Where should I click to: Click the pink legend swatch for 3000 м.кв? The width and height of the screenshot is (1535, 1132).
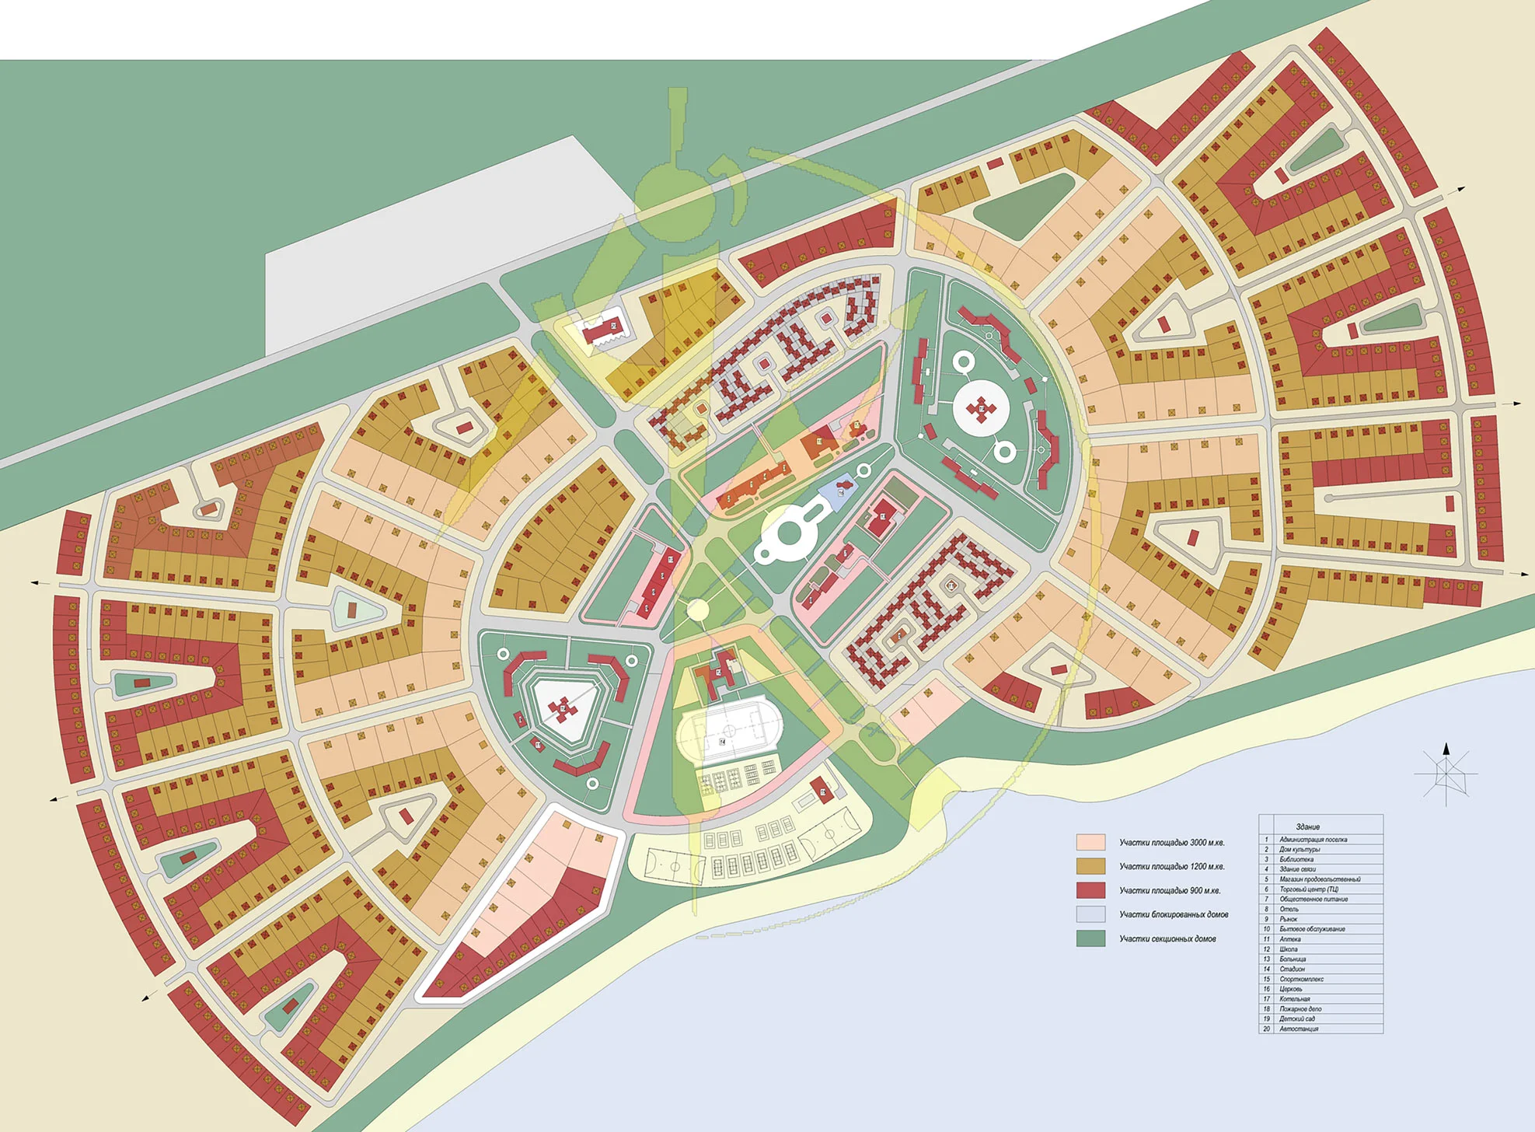(1090, 842)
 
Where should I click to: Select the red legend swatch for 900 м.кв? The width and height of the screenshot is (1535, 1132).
(1090, 890)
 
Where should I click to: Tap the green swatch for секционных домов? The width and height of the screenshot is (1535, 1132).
(1090, 938)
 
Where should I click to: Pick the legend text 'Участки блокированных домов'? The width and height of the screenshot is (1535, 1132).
(1174, 914)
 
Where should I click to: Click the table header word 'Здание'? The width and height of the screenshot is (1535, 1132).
(1308, 826)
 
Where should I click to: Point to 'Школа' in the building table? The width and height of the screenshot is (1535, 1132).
(1289, 949)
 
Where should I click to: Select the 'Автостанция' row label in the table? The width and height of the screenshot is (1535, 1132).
(1299, 1029)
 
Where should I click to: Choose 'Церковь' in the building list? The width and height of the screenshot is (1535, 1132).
(1291, 989)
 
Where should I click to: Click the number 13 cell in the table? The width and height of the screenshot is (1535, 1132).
(1266, 959)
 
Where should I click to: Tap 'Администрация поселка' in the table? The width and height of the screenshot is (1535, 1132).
(1313, 840)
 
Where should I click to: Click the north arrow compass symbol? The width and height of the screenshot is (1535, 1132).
(1446, 773)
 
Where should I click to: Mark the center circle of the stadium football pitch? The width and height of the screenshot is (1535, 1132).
(730, 731)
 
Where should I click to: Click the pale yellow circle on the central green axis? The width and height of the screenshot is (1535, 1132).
(697, 609)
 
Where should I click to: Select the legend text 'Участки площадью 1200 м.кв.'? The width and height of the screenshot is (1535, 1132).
(1172, 866)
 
